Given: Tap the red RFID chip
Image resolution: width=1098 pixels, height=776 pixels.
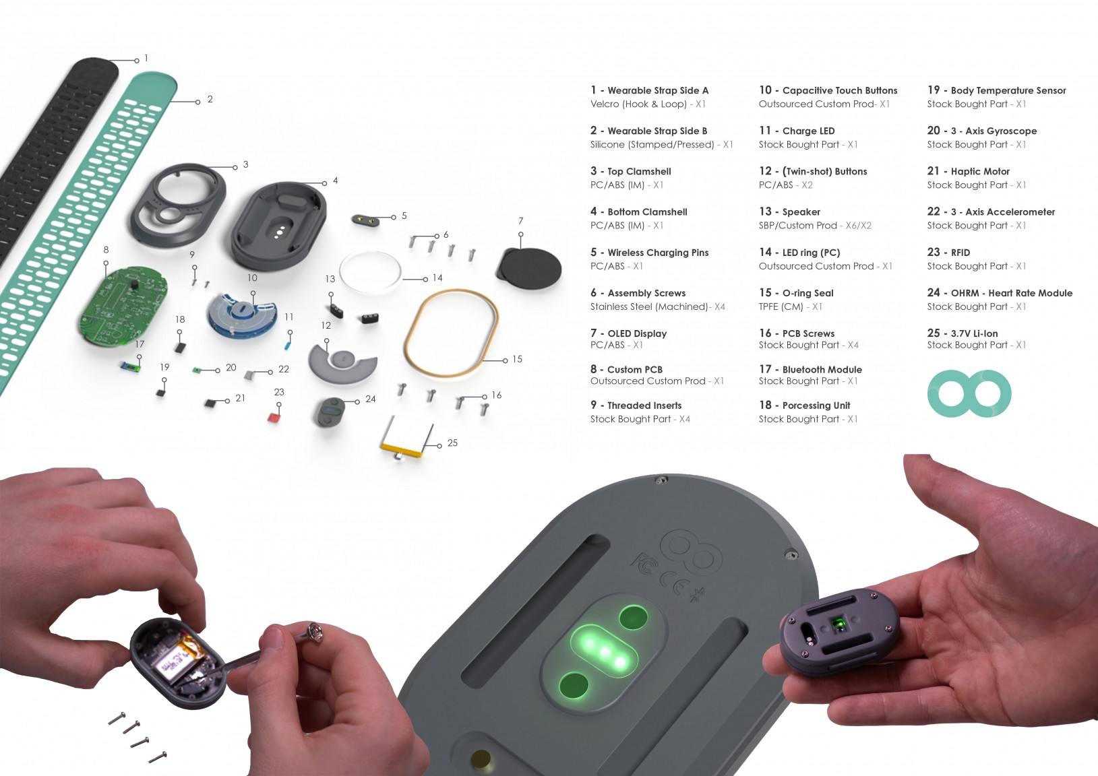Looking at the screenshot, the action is [274, 418].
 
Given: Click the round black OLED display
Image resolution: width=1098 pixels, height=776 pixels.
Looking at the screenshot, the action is [530, 269].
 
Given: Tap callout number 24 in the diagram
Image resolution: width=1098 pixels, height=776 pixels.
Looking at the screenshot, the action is [371, 399].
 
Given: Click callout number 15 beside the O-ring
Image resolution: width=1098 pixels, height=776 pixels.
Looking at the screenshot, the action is [517, 359].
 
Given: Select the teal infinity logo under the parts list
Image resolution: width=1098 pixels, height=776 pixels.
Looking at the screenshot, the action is [969, 393].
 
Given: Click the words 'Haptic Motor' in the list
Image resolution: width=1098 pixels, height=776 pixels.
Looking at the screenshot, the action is [980, 172].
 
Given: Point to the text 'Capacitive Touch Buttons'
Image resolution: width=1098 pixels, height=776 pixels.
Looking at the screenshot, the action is [840, 90].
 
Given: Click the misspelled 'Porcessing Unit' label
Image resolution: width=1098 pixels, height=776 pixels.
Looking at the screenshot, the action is [816, 406].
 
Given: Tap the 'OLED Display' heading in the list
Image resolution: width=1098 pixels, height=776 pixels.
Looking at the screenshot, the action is [637, 333].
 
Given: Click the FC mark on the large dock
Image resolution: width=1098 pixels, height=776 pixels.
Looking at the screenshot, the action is [644, 565].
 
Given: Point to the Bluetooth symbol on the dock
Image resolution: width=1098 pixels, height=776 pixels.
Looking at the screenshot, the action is [695, 595].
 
